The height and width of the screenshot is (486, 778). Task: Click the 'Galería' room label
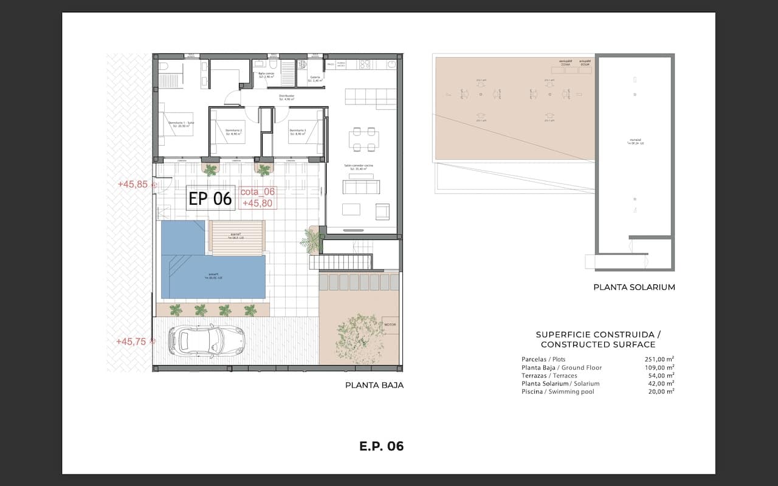tap(315, 79)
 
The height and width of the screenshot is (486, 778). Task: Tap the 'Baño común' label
tap(266, 75)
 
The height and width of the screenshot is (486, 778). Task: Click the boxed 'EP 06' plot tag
tap(210, 199)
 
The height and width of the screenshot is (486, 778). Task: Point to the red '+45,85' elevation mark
tap(133, 184)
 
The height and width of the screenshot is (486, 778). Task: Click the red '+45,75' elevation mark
tap(131, 341)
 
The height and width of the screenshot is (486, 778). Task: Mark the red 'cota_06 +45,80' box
tap(258, 197)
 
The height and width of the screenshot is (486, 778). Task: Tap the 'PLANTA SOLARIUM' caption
tap(634, 287)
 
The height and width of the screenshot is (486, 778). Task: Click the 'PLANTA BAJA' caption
tap(374, 385)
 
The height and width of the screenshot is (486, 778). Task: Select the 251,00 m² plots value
tap(659, 359)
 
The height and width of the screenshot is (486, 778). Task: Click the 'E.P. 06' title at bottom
tap(381, 447)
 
